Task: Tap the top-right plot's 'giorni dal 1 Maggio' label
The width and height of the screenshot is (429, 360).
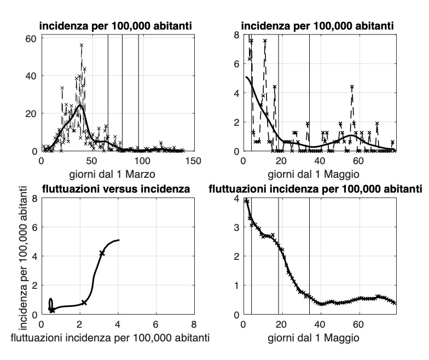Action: (x=319, y=175)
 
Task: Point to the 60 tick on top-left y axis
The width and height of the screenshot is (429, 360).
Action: (x=31, y=38)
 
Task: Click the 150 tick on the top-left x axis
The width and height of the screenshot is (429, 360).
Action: (x=194, y=161)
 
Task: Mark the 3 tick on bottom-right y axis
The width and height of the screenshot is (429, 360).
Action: (x=236, y=227)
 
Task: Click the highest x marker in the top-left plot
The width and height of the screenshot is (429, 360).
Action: (x=82, y=45)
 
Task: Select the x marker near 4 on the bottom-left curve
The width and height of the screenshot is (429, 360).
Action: (x=102, y=253)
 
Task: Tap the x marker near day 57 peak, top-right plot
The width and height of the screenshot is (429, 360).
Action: (x=352, y=87)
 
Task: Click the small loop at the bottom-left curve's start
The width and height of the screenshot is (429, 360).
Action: (x=51, y=304)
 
